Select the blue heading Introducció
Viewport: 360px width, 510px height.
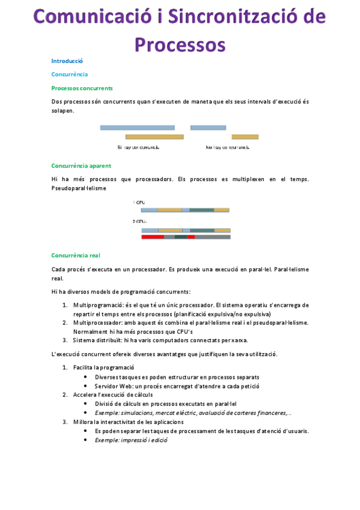pos(67,61)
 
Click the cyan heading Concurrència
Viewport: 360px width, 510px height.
pos(69,74)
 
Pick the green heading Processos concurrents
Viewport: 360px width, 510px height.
pos(82,88)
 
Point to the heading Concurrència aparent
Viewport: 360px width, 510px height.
pos(81,165)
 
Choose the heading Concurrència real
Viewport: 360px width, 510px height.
pos(76,255)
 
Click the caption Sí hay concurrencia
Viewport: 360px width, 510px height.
pos(138,147)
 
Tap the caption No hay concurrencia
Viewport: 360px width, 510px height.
pos(227,147)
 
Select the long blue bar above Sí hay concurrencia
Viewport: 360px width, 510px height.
pos(137,127)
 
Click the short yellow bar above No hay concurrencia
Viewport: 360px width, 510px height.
pos(245,137)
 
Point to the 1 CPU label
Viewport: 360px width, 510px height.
pos(138,203)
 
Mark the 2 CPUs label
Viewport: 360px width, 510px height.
pos(139,221)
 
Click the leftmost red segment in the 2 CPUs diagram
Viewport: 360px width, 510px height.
pos(153,237)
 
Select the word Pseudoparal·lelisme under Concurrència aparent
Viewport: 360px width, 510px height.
pos(79,188)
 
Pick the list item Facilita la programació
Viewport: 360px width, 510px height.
pos(103,367)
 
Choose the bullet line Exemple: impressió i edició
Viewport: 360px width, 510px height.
pos(131,440)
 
